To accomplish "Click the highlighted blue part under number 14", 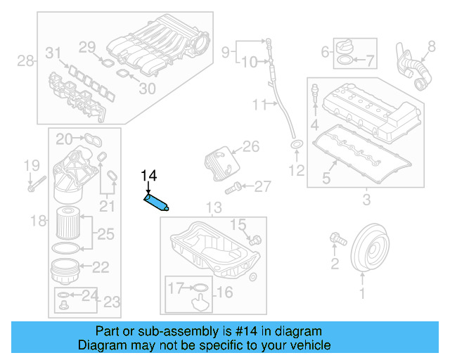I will click(157, 202).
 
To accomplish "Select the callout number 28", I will click(26, 61).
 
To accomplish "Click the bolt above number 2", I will click(337, 240).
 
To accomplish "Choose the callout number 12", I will click(297, 169).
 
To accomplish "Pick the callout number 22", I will click(101, 267).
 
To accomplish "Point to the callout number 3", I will click(366, 201).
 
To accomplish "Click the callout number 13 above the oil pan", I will click(213, 207).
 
